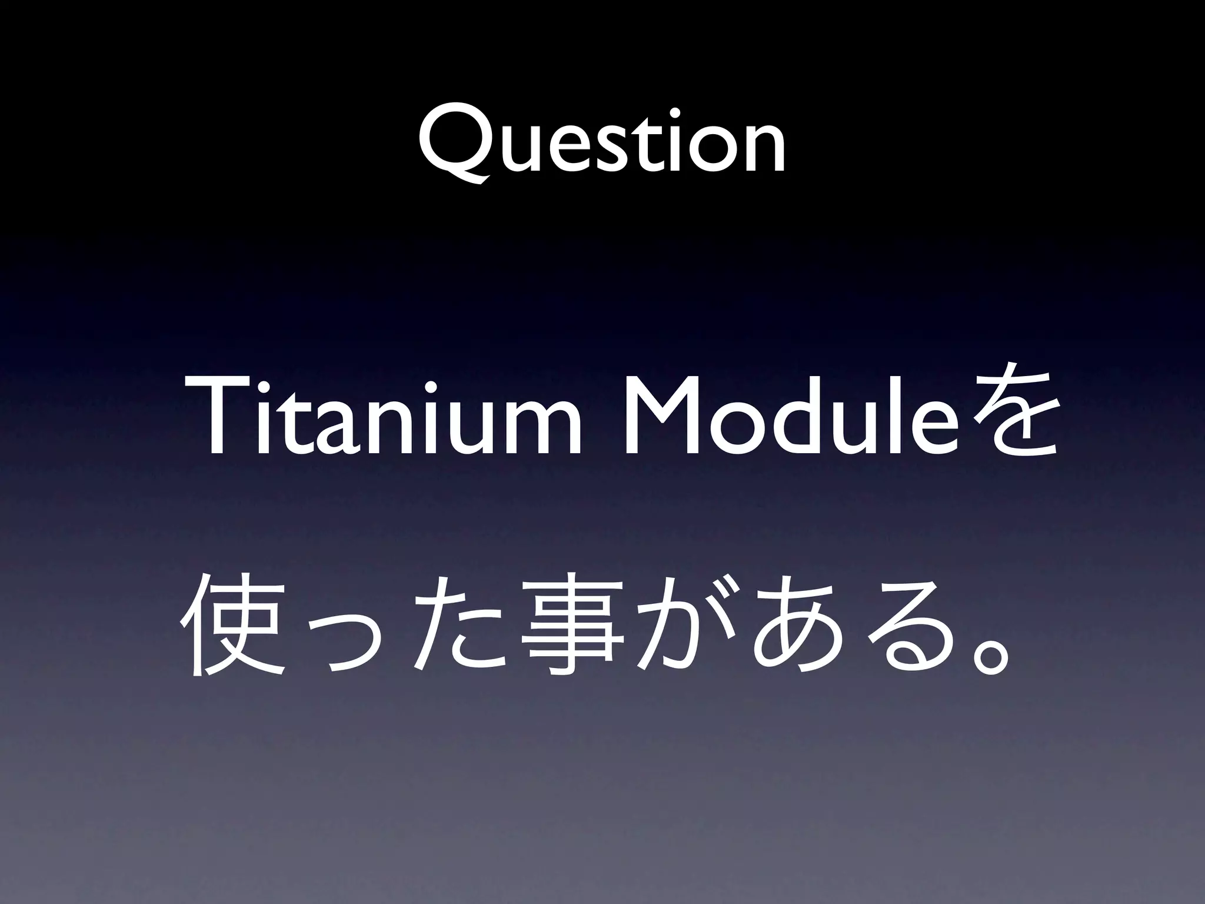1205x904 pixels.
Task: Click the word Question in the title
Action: tap(601, 144)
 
